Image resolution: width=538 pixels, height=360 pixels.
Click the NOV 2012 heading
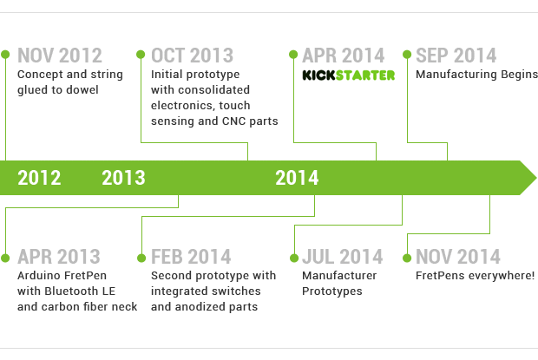click(x=60, y=56)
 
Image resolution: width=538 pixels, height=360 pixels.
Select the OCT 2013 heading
click(x=192, y=56)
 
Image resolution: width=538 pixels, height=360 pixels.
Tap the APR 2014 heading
click(x=344, y=56)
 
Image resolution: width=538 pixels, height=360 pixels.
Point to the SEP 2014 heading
click(x=456, y=56)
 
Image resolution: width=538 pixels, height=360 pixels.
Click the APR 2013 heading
click(x=59, y=257)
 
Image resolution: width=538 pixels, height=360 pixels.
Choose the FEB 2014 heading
click(x=191, y=257)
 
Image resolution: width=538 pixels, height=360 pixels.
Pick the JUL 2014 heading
click(x=343, y=257)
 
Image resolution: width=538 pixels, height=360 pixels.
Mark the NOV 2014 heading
click(x=458, y=257)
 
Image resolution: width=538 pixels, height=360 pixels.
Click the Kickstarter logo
click(x=349, y=75)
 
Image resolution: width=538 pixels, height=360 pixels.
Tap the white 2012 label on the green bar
click(x=39, y=178)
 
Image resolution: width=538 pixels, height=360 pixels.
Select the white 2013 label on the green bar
click(x=123, y=178)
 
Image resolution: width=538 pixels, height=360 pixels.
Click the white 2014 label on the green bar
click(x=297, y=178)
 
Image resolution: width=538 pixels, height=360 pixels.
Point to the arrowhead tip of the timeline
click(x=536, y=178)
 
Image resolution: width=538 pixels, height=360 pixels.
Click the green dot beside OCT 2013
click(x=141, y=54)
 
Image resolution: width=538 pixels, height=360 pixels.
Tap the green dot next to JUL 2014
click(x=294, y=258)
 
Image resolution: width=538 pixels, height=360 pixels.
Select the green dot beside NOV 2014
click(x=407, y=258)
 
